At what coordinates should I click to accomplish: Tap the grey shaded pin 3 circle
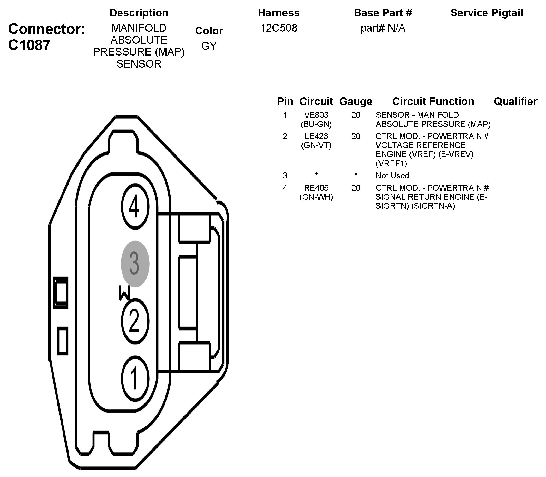click(135, 264)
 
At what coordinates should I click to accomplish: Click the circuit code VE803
click(316, 115)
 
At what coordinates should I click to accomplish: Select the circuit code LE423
click(316, 136)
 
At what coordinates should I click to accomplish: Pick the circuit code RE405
click(316, 188)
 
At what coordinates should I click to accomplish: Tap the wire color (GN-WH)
click(316, 197)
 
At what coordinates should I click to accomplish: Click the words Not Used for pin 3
click(392, 176)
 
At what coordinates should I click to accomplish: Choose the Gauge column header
click(356, 102)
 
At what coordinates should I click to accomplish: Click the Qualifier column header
click(515, 102)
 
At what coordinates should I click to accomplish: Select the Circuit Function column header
click(433, 102)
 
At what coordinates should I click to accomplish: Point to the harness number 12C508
click(279, 28)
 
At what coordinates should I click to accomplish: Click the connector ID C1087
click(29, 45)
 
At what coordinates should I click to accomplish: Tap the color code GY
click(209, 46)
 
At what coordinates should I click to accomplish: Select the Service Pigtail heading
click(487, 13)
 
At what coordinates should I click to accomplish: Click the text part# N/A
click(383, 28)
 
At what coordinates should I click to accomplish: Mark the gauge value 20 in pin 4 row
click(356, 188)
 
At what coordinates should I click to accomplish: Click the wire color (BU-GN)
click(316, 124)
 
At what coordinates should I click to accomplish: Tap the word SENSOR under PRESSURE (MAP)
click(139, 64)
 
